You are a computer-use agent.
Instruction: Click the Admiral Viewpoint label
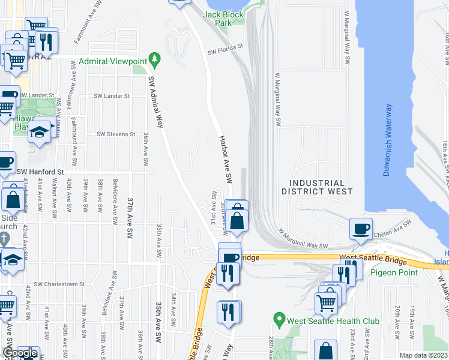point(121,61)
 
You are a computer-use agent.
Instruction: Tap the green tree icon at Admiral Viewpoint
point(156,59)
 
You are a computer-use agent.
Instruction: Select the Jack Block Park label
point(217,18)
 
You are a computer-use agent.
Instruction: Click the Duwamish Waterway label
point(388,140)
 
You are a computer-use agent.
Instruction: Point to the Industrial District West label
point(317,187)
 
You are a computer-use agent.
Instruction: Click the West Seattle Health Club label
point(333,321)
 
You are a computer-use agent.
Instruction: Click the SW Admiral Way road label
point(156,103)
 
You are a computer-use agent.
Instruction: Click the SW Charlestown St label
point(59,284)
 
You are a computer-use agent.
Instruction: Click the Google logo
point(19,353)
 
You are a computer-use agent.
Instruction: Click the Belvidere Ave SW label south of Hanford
point(114,198)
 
